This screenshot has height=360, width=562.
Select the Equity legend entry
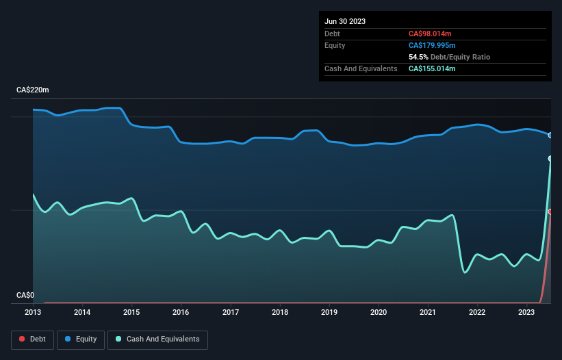coord(80,339)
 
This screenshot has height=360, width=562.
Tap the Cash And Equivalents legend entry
coord(157,339)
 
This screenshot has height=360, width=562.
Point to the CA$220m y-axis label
coord(33,90)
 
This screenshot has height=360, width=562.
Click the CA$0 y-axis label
coord(26,296)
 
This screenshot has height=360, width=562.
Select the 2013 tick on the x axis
coord(33,312)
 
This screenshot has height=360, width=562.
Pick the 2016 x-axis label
coord(181,312)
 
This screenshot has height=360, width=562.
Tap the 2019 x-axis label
coord(329,312)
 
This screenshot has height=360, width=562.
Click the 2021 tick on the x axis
coord(428,312)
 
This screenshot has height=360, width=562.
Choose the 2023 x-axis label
coord(527,312)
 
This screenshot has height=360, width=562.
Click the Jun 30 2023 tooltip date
coord(345,21)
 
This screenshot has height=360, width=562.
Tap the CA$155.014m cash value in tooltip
coord(432,68)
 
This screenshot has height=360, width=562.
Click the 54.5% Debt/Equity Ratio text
coord(449,57)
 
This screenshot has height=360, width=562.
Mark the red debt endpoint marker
coord(550,211)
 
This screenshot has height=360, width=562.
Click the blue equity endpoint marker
coord(550,136)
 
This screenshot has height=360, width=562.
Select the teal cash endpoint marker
coord(550,159)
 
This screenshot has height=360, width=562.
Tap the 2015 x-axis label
coord(131,312)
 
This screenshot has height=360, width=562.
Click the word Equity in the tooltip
coord(335,45)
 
